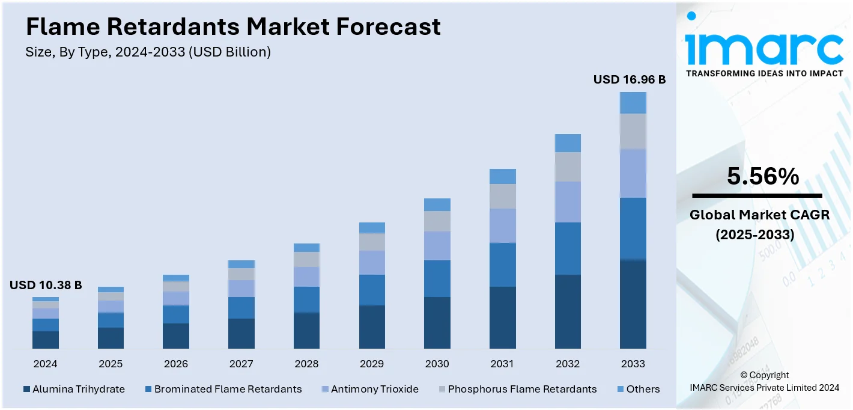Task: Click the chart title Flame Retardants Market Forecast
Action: [233, 26]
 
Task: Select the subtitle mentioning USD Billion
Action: [148, 52]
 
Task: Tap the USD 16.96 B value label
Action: [629, 79]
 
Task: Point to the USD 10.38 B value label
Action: [46, 285]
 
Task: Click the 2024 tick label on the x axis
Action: [46, 364]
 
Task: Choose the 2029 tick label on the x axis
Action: [372, 364]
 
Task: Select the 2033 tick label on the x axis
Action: [633, 364]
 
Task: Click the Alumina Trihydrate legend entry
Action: [74, 389]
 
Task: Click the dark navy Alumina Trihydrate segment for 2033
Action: [633, 304]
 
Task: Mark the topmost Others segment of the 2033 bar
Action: [633, 103]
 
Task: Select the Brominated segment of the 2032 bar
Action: [568, 248]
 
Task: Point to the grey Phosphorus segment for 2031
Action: [502, 196]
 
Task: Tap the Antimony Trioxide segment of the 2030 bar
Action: [437, 245]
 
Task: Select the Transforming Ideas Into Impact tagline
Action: [764, 73]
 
